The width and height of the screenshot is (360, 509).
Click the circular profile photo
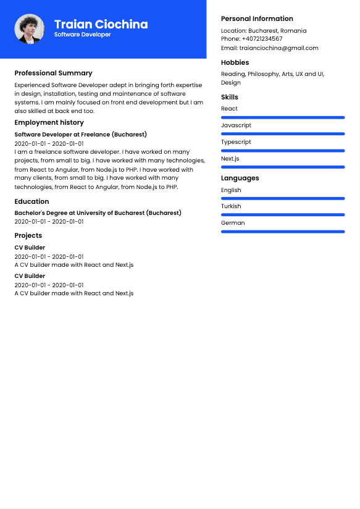[x=29, y=29]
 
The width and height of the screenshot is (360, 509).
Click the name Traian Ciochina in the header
[x=101, y=24]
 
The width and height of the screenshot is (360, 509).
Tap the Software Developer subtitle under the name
[x=82, y=35]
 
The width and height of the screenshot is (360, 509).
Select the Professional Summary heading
[x=53, y=73]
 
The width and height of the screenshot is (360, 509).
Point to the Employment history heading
[x=49, y=122]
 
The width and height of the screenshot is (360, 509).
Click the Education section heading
[x=31, y=201]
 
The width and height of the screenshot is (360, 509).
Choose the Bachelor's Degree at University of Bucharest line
[x=98, y=212]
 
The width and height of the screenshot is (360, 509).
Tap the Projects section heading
[x=28, y=235]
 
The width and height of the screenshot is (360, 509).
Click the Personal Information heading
[x=257, y=19]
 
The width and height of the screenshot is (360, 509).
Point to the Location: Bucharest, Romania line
[x=264, y=30]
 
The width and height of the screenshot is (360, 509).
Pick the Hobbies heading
[x=235, y=62]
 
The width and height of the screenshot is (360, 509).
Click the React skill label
[x=229, y=109]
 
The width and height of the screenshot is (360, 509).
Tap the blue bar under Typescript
[x=283, y=150]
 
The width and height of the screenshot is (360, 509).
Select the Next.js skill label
[x=230, y=159]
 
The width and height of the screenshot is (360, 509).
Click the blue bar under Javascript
[x=283, y=133]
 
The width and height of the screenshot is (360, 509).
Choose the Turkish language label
[x=231, y=206]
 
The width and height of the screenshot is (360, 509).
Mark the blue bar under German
[x=283, y=232]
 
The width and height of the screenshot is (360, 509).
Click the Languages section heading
[x=240, y=178]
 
